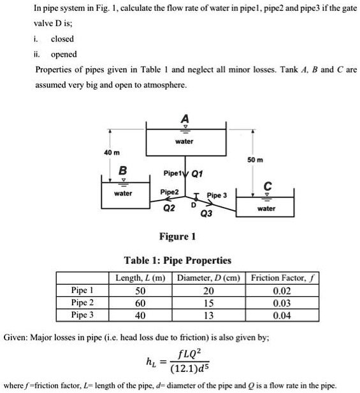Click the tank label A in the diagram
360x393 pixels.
(185, 119)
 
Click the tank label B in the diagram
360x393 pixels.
(122, 170)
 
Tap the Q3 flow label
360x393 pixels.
(206, 214)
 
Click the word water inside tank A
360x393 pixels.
(184, 141)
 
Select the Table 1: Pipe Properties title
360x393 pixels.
(177, 260)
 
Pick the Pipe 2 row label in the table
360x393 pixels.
(83, 303)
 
